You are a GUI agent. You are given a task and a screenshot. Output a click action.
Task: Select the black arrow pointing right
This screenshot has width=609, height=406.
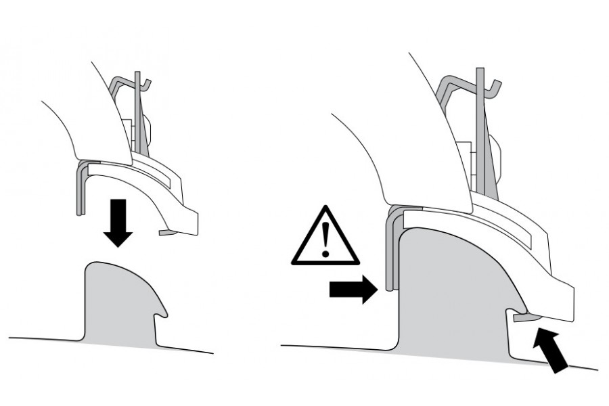pyautogui.click(x=351, y=289)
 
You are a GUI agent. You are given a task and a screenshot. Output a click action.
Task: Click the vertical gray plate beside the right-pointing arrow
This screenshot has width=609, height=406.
pyautogui.click(x=390, y=250)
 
